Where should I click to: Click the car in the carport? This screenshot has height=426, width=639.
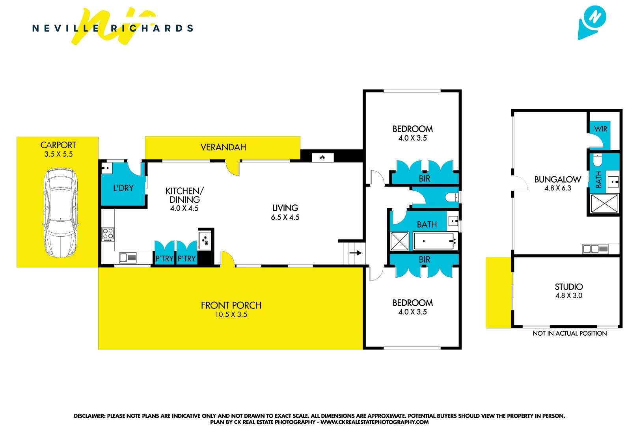coord(60,213)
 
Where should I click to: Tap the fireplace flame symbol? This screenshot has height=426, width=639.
coord(322,158)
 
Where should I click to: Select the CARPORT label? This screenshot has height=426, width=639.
coord(58,145)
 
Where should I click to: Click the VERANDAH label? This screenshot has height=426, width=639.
coord(223,148)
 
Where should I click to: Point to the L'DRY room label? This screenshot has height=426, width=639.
coord(123,188)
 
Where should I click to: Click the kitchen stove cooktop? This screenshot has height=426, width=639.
coord(108,234)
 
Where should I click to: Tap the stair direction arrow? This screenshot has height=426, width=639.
coord(356,253)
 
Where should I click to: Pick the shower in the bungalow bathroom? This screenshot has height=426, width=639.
coord(604,204)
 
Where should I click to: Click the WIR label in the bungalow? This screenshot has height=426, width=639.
coord(601,129)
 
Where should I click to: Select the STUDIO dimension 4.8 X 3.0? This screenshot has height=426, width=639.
coord(568,295)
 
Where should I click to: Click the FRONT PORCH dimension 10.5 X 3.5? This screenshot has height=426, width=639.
coord(231,314)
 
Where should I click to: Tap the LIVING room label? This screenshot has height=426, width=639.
coord(285,208)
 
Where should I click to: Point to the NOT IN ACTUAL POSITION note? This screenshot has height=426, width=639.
coord(570,333)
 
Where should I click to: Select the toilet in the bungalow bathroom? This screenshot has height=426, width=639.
coord(598,160)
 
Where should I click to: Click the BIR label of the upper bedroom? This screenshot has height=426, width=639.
coord(425,179)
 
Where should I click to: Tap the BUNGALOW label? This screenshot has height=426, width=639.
coord(557,179)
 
